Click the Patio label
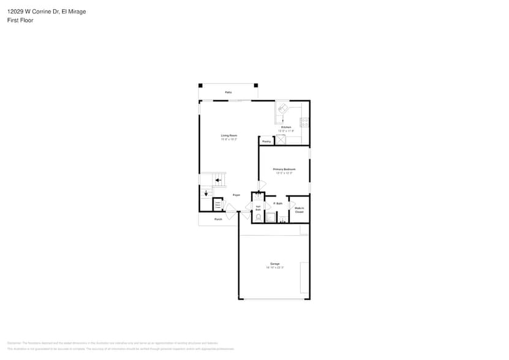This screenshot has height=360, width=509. (228, 92)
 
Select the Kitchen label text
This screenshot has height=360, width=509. (286, 127)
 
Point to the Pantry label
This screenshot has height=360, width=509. (266, 141)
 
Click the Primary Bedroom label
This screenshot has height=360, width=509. (284, 169)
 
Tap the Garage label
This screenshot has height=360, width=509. (275, 264)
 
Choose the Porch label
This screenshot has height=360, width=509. (218, 219)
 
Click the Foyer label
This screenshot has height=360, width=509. (236, 195)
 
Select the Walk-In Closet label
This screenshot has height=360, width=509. (300, 210)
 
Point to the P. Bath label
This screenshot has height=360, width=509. (277, 203)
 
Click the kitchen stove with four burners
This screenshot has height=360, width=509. (304, 122)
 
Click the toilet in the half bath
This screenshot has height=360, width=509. (258, 217)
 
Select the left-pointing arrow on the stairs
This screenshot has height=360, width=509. (218, 180)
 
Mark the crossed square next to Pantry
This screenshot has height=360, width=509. (281, 140)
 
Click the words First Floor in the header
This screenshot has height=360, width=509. (21, 20)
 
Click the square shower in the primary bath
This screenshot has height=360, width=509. (271, 217)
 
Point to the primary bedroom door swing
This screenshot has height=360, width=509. (262, 185)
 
